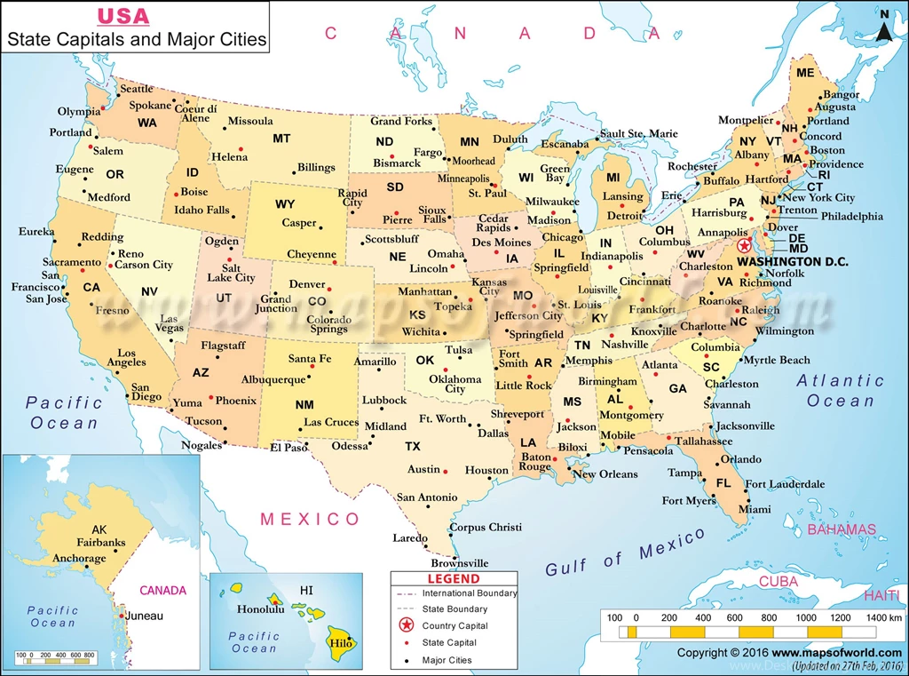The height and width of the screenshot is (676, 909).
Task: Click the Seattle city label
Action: pyautogui.click(x=136, y=89)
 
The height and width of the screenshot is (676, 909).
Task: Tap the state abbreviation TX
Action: pyautogui.click(x=413, y=446)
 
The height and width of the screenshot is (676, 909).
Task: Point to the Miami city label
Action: pyautogui.click(x=755, y=510)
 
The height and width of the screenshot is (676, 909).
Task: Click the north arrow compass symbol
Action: pyautogui.click(x=884, y=26)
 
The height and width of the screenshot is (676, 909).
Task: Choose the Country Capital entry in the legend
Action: pyautogui.click(x=454, y=626)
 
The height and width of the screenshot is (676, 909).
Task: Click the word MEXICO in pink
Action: pyautogui.click(x=310, y=520)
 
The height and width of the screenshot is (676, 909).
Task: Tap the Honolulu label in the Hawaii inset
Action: pyautogui.click(x=260, y=609)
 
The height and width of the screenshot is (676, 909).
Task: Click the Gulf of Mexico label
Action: pyautogui.click(x=625, y=552)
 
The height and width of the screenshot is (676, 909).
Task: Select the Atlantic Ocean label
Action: pyautogui.click(x=840, y=391)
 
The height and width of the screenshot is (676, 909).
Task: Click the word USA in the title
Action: pyautogui.click(x=123, y=16)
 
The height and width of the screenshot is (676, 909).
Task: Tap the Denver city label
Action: pyautogui.click(x=307, y=284)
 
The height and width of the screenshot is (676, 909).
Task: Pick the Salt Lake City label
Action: pyautogui.click(x=232, y=273)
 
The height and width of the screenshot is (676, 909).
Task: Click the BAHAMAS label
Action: pyautogui.click(x=841, y=529)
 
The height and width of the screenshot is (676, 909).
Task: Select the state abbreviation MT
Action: pyautogui.click(x=281, y=139)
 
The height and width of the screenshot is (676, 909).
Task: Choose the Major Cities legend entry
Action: pyautogui.click(x=447, y=660)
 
